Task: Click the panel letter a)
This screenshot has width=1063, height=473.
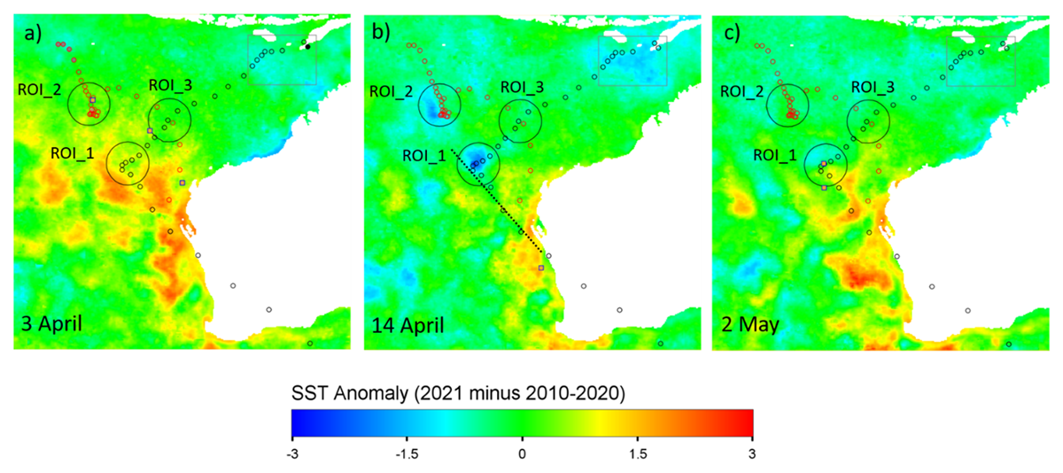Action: (x=34, y=34)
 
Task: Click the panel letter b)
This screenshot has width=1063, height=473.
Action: (x=381, y=33)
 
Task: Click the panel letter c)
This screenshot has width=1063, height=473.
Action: (x=730, y=34)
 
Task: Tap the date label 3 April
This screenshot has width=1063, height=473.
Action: (x=51, y=323)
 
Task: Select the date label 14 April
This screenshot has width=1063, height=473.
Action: (x=407, y=325)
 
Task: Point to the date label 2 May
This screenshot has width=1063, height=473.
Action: (x=750, y=325)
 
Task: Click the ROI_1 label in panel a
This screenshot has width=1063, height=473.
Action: (x=73, y=153)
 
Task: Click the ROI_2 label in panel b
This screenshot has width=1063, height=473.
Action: (x=391, y=91)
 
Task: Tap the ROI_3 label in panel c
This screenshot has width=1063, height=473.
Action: (x=873, y=88)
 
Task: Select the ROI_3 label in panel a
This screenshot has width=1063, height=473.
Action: (x=170, y=85)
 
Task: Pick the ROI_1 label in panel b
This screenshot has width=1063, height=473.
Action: (x=424, y=156)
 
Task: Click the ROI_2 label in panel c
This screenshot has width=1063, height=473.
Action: (x=742, y=91)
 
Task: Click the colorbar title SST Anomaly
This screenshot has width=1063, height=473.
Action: (x=350, y=393)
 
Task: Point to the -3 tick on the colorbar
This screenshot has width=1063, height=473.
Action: (x=292, y=454)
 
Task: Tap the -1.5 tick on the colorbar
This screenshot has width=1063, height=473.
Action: (x=407, y=454)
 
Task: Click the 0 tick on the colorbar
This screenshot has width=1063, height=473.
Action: (x=522, y=454)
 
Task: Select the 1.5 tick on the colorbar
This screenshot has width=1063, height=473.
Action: (x=638, y=454)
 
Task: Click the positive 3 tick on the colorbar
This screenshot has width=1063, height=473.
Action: (x=752, y=454)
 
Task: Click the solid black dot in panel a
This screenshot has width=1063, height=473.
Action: (x=308, y=46)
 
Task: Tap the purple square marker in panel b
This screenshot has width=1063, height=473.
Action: (x=541, y=268)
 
